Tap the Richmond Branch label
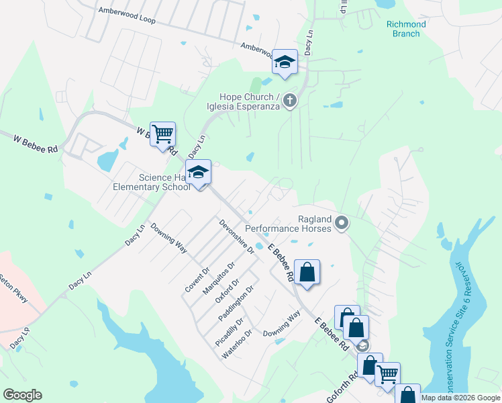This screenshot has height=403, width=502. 406,29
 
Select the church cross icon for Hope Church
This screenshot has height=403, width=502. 290,101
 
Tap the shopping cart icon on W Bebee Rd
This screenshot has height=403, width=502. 162,134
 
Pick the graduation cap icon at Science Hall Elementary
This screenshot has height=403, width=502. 198,173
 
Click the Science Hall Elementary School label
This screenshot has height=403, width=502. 164,183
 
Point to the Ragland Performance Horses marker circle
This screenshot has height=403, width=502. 342,222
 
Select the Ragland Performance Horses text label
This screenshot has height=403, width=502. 288,224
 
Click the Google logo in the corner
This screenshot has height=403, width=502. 22,394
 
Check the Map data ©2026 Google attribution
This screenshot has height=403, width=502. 460,398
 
